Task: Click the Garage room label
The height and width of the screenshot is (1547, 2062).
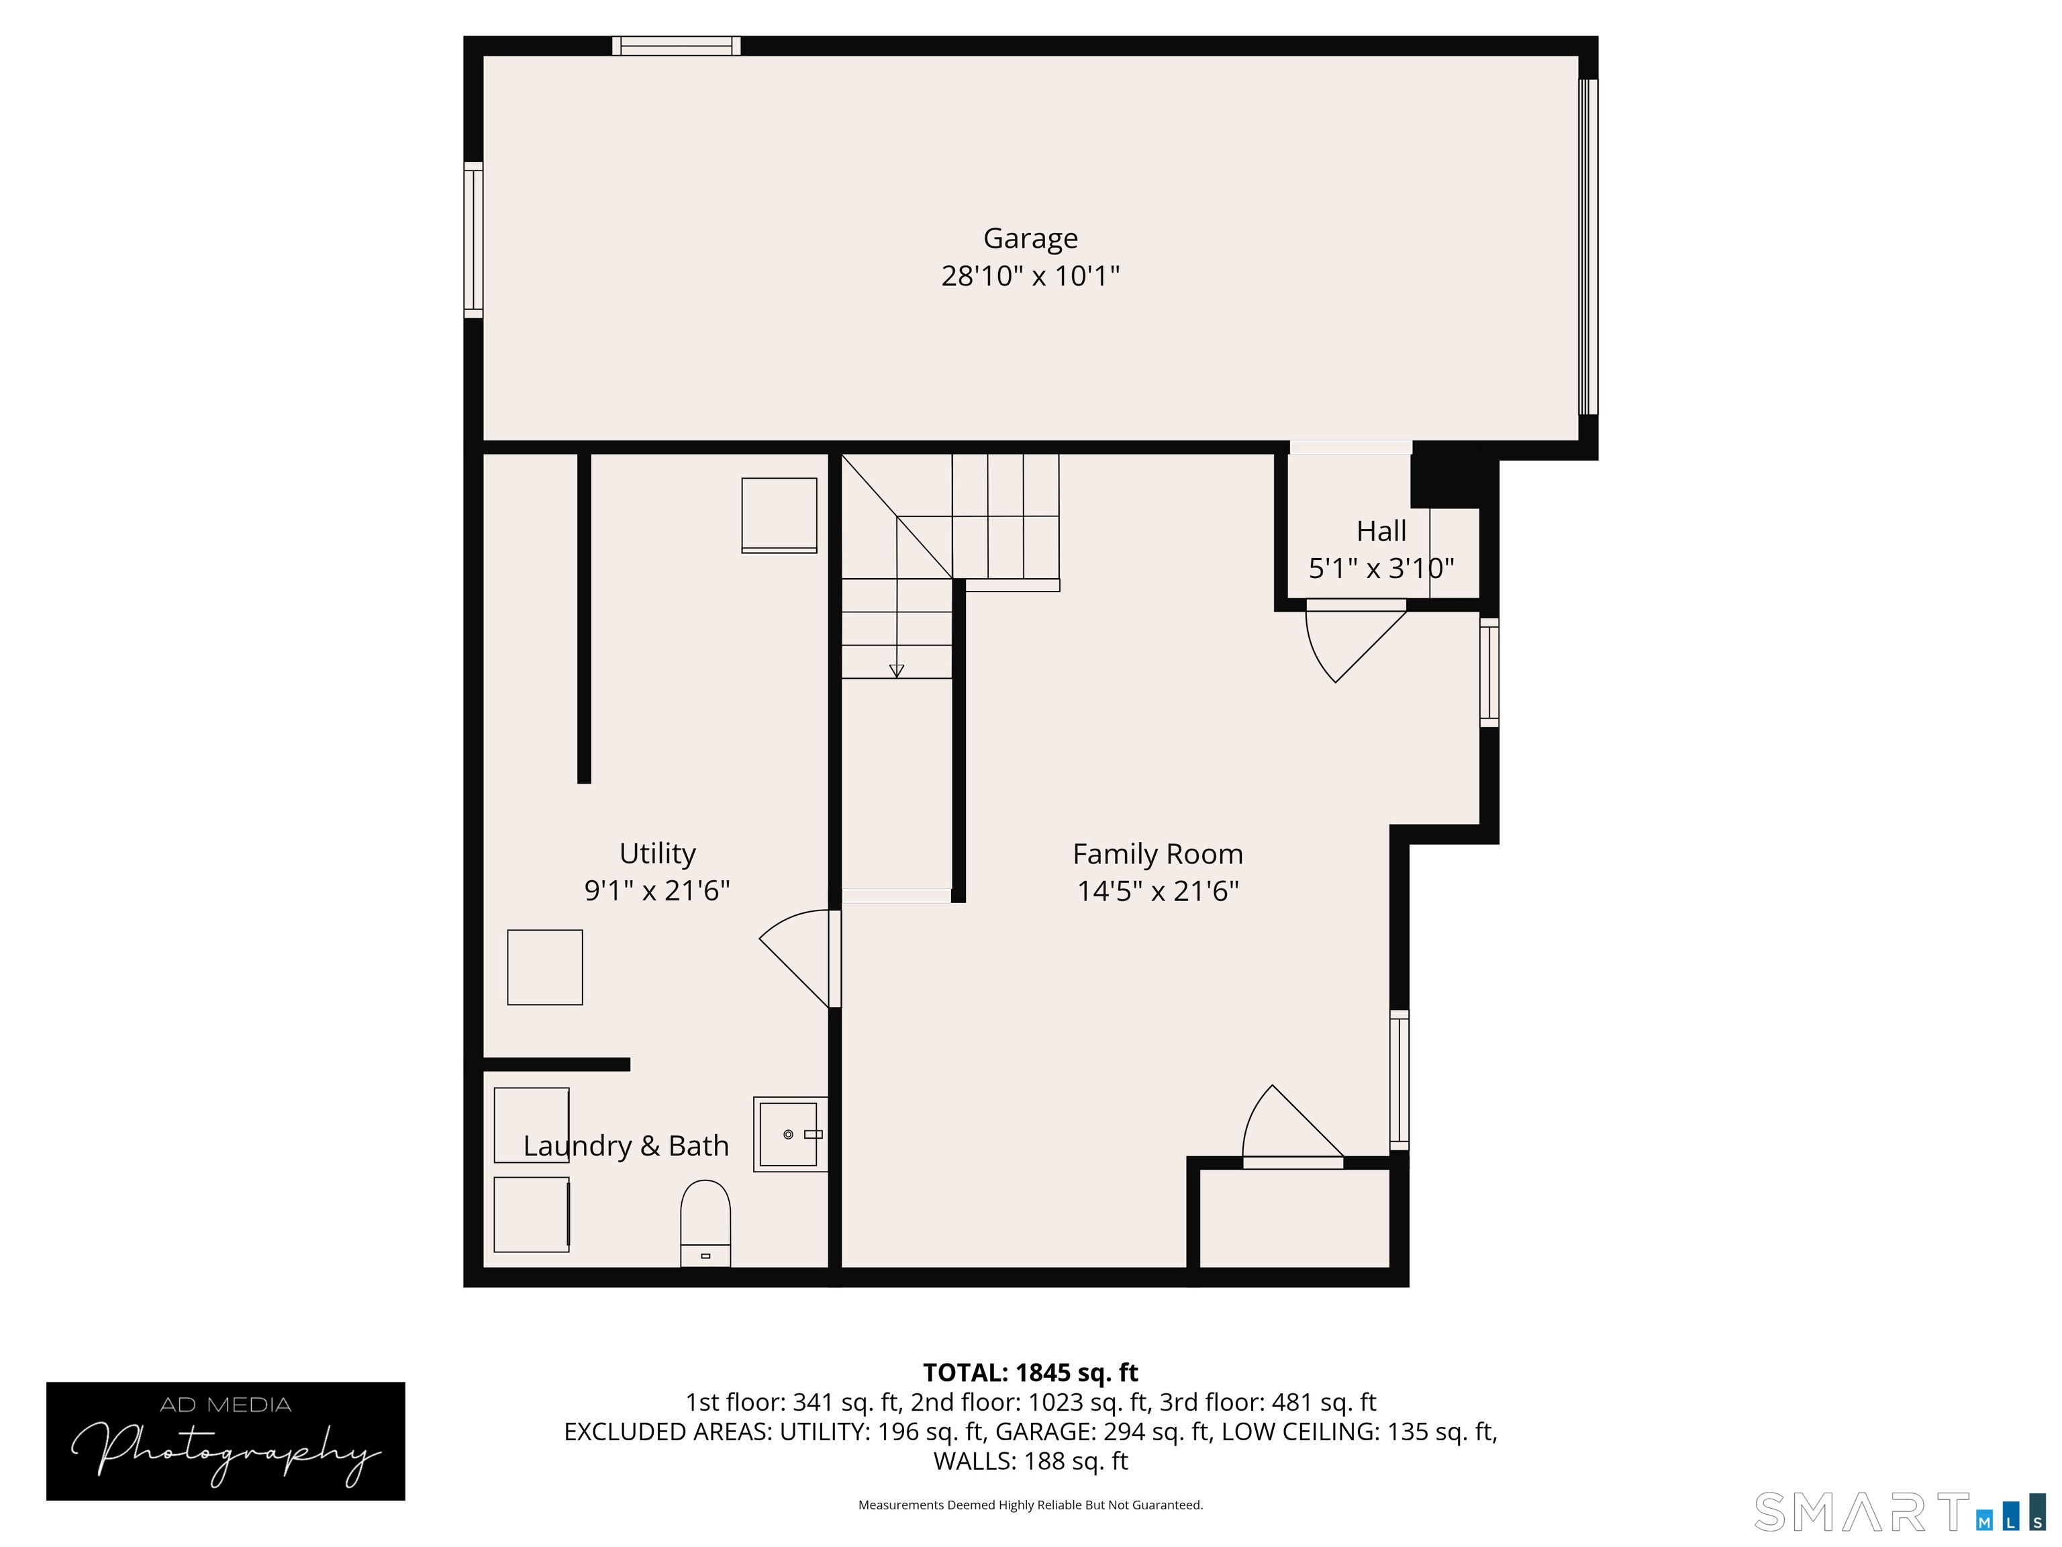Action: point(1030,239)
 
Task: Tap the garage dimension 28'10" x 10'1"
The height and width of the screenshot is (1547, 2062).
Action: point(1030,276)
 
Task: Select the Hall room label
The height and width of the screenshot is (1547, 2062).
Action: point(1381,532)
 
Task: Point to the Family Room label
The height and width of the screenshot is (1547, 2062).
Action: point(1157,854)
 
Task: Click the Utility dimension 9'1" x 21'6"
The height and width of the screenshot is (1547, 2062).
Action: point(656,890)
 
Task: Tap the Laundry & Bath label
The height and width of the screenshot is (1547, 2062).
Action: point(626,1146)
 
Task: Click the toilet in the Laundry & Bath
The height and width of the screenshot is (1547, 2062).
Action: point(705,1221)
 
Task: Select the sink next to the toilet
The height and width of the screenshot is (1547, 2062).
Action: point(789,1134)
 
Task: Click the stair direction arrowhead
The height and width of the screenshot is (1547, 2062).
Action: point(897,671)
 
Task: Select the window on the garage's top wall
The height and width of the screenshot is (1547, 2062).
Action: point(676,46)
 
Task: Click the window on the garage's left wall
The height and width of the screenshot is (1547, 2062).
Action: point(474,240)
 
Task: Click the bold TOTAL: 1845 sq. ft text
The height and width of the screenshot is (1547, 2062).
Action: point(1030,1372)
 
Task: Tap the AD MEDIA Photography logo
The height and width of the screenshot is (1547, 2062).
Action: point(226,1441)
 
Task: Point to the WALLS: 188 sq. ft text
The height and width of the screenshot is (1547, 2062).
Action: point(1030,1461)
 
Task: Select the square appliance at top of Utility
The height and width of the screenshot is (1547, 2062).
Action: point(779,515)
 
